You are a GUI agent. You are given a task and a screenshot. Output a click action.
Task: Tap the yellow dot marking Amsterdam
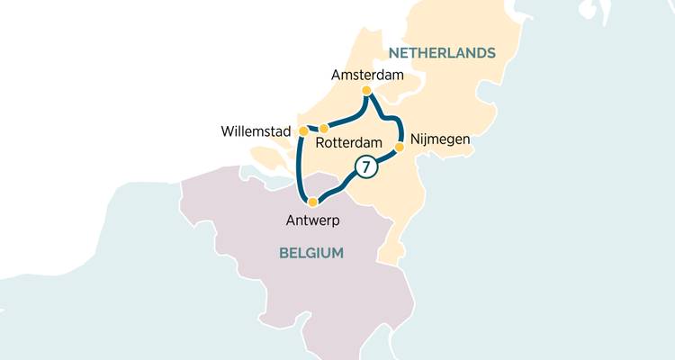coord(366,91)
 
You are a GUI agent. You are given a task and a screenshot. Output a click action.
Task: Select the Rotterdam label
coord(350,141)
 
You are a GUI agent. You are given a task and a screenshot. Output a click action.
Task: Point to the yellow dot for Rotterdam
coord(324,128)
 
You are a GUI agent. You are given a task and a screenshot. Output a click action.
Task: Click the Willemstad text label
coord(256,132)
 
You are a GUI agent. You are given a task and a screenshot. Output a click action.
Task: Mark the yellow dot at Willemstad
coord(303,131)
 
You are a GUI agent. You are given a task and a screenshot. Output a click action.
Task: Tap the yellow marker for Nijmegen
coord(400,145)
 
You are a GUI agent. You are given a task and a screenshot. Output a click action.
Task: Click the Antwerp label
coord(314,220)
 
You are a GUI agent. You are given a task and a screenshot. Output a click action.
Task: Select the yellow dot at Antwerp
coord(312,202)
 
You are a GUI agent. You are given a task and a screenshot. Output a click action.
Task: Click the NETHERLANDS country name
coord(442,53)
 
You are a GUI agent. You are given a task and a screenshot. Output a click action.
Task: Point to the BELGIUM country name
coord(311,253)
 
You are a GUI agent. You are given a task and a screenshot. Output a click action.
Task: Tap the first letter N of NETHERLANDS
coord(393,53)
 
